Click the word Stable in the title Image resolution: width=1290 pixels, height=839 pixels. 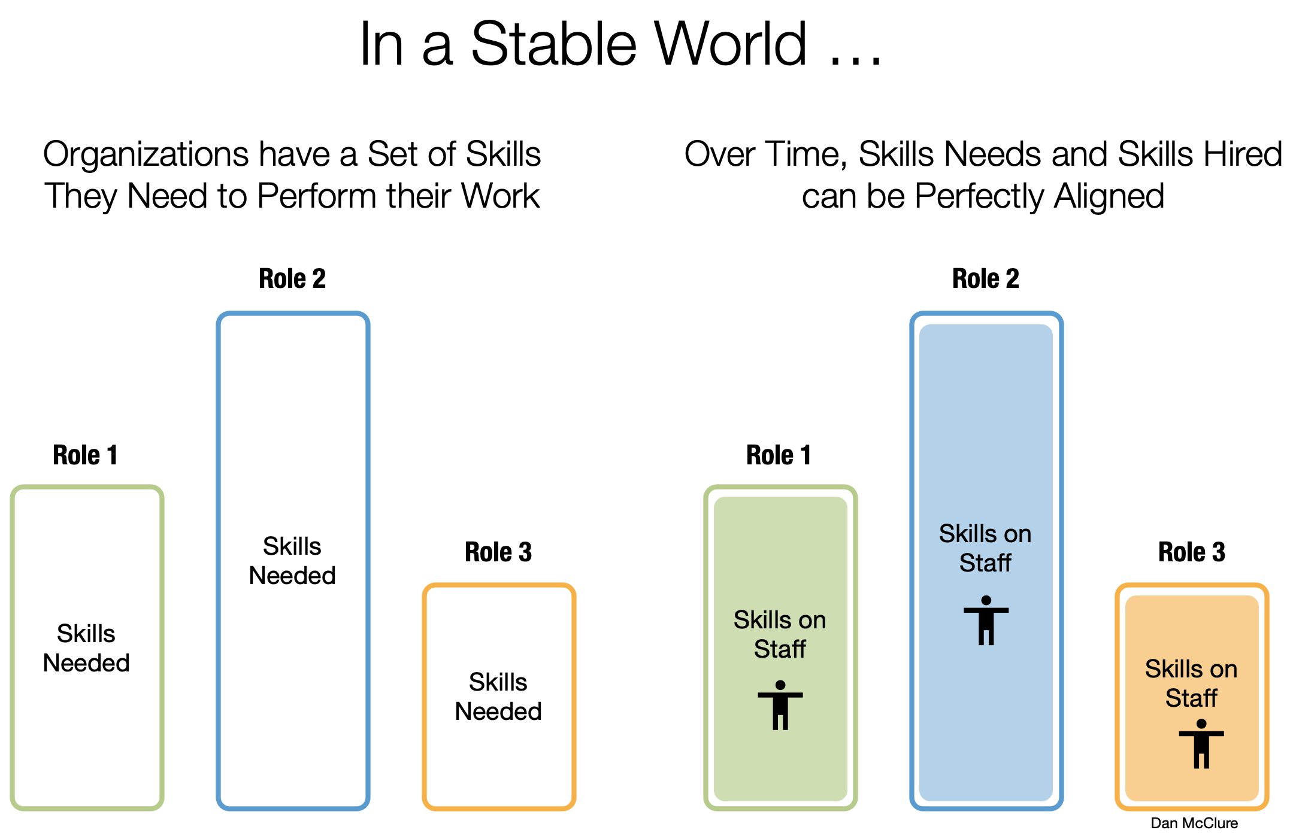click(x=554, y=45)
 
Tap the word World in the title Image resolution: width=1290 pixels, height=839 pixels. click(x=731, y=45)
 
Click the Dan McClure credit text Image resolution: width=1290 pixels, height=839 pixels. click(x=1194, y=823)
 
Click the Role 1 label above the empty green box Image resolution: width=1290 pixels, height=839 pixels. click(x=85, y=455)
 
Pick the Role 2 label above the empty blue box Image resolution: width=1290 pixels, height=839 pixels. click(x=292, y=279)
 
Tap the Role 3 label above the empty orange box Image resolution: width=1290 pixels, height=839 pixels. click(x=498, y=552)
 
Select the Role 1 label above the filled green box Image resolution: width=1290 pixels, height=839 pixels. click(x=779, y=455)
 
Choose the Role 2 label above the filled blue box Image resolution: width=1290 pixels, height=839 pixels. click(x=986, y=279)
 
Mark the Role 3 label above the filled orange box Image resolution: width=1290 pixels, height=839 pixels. click(x=1192, y=552)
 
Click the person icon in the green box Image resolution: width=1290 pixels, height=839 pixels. click(x=780, y=706)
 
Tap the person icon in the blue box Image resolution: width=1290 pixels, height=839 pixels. click(x=986, y=621)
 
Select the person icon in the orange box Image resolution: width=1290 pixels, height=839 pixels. click(x=1201, y=744)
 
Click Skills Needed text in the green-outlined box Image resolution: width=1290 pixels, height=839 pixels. click(x=86, y=648)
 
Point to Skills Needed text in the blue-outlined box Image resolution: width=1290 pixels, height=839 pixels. click(x=292, y=561)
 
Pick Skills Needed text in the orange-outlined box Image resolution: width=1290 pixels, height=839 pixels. click(x=498, y=697)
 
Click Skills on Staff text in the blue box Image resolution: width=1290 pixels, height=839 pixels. click(x=985, y=548)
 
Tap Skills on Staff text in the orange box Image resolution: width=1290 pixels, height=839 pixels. click(x=1191, y=683)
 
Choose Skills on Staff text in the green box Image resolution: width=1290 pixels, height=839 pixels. click(x=780, y=634)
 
